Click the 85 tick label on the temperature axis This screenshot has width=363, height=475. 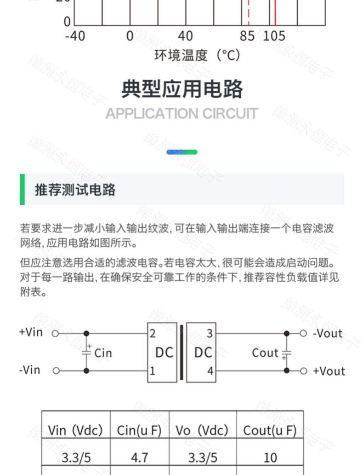point(247,36)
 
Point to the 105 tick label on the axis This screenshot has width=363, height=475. point(274,36)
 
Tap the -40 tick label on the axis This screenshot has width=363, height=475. point(75,36)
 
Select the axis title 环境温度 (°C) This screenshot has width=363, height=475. point(197,56)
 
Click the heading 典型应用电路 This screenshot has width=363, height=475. point(181,89)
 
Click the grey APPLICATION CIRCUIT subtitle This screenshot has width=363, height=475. point(181,113)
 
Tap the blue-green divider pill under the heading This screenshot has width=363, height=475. point(181,152)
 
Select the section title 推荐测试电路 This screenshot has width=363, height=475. point(75,190)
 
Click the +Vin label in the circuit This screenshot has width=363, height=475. point(31,332)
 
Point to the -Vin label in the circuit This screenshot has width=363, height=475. point(30,370)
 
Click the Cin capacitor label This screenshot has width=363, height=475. point(103,353)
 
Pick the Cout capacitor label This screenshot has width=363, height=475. point(265,353)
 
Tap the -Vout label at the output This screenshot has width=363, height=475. point(328,333)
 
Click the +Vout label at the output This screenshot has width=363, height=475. point(329,371)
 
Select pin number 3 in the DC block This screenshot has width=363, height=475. point(210,334)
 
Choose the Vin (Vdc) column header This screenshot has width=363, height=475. point(75,430)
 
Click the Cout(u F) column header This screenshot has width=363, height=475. point(270,430)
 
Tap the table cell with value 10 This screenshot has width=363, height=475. point(270,458)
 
